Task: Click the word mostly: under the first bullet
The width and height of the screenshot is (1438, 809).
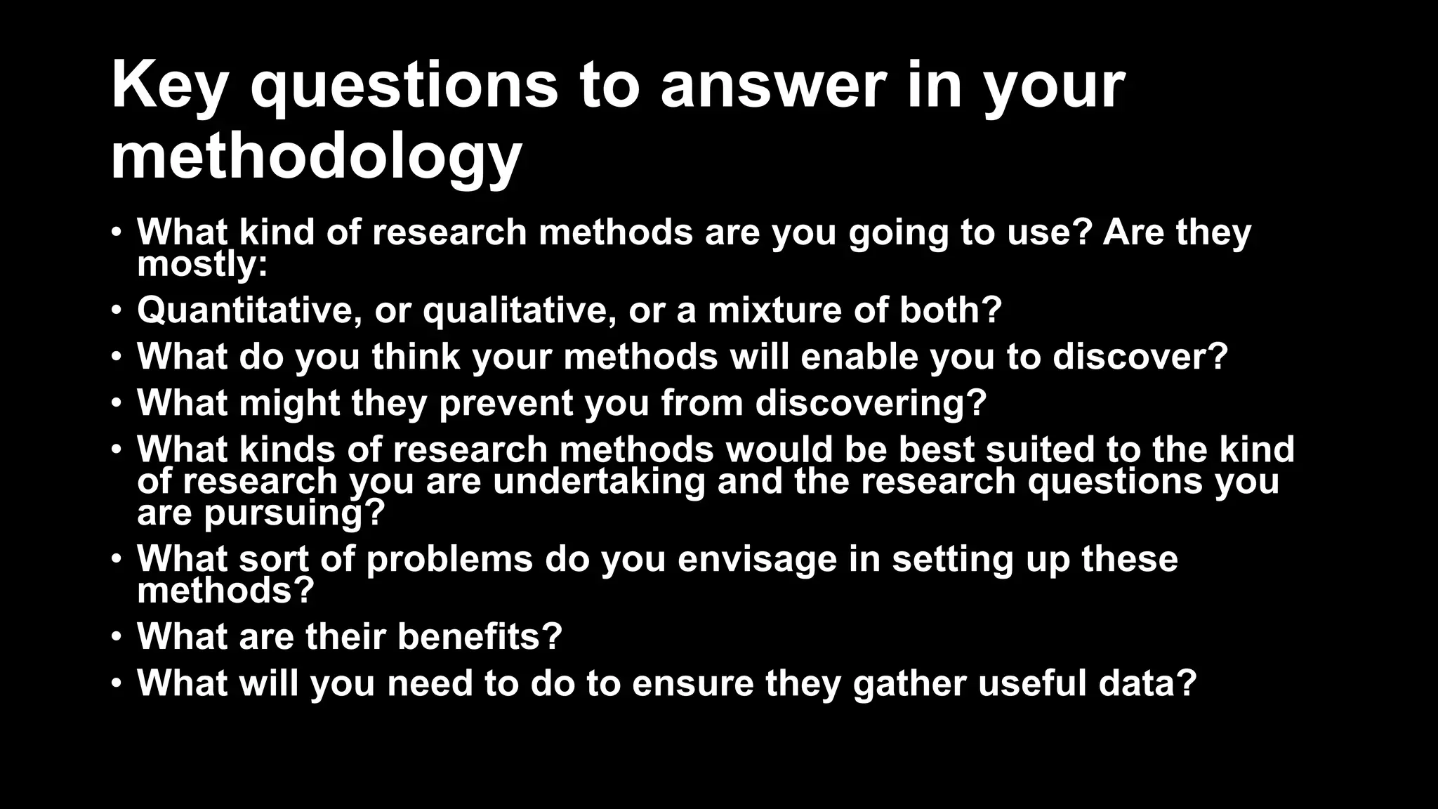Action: pos(202,265)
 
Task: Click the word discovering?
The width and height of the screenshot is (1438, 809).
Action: pos(871,403)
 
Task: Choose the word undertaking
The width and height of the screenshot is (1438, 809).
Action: pos(599,482)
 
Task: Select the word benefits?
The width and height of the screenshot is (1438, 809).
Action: pos(480,636)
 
